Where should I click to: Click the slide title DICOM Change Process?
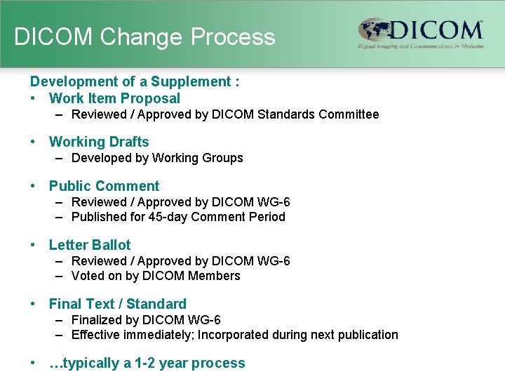click(144, 36)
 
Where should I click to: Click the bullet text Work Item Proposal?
click(114, 99)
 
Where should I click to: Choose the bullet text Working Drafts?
click(99, 142)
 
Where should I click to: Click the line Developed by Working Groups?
click(157, 158)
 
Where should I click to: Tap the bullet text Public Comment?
click(104, 186)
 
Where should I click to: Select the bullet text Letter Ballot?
click(90, 245)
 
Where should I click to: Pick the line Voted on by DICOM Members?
click(156, 276)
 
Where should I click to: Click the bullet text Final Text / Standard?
click(117, 304)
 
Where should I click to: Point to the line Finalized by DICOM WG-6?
click(146, 320)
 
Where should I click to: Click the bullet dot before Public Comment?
click(33, 186)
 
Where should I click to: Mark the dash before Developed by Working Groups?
click(61, 158)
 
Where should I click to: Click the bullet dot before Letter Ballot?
click(33, 245)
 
